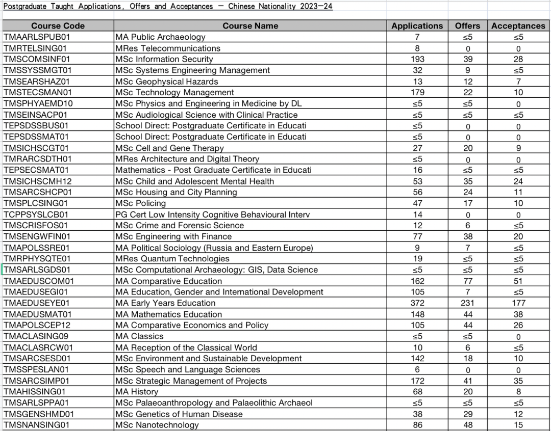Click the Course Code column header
tap(58, 26)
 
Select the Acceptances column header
tap(518, 26)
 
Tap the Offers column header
tap(467, 26)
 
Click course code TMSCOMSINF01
tap(37, 59)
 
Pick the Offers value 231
tap(467, 303)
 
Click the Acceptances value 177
tap(518, 303)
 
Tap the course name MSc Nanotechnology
tap(157, 425)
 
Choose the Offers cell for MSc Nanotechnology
tap(467, 425)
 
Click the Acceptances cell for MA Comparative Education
tap(518, 281)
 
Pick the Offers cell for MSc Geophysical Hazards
tap(467, 82)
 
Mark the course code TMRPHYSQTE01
tap(37, 259)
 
